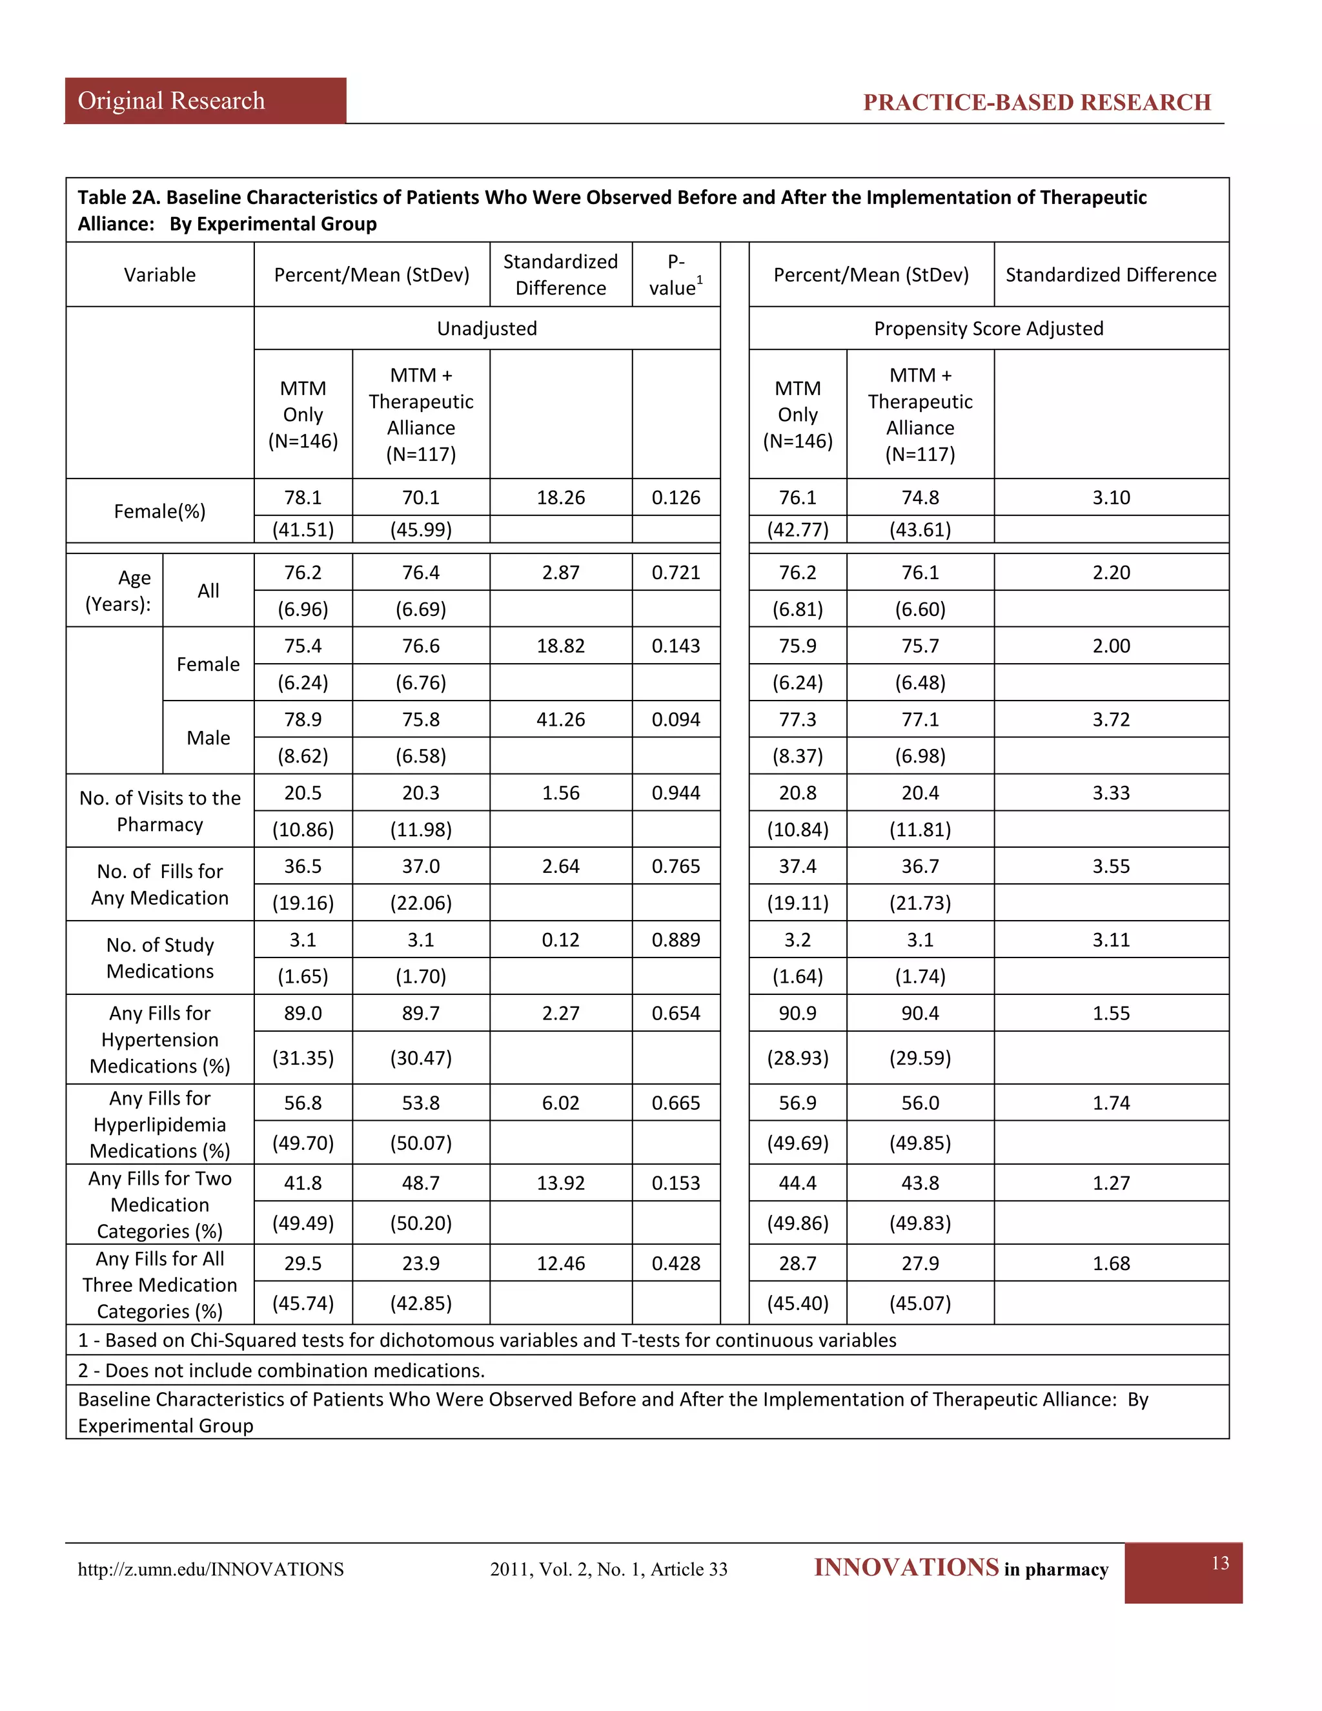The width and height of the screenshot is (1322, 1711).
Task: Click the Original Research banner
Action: coord(172,101)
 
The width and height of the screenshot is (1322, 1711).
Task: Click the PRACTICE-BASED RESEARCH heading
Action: coord(1036,103)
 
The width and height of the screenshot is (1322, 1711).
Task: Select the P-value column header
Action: coord(675,275)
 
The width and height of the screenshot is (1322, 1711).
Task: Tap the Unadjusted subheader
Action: coord(486,328)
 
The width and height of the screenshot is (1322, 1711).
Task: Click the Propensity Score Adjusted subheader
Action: coord(988,328)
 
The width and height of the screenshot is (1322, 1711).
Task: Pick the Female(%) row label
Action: coord(160,511)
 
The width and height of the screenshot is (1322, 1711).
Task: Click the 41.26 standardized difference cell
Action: coord(561,719)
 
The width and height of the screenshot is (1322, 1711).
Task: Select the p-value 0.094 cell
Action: coord(676,719)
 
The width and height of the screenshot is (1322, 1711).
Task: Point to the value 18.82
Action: coord(561,646)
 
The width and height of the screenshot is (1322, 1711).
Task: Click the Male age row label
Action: coord(208,738)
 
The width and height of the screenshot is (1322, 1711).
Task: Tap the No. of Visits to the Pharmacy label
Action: coord(160,811)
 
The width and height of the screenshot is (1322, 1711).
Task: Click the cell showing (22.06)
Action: coord(421,903)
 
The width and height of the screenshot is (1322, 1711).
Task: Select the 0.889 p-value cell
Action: coord(676,939)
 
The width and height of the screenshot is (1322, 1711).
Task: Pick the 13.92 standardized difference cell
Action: coord(561,1183)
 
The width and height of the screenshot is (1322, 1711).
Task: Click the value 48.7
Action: coord(421,1183)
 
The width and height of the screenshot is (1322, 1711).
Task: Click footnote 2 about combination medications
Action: coord(281,1370)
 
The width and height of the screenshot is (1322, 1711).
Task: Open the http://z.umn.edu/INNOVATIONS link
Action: coord(210,1569)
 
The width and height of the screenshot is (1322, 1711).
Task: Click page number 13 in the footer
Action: coord(1219,1563)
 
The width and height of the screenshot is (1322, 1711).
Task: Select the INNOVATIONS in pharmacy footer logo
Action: coord(961,1568)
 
